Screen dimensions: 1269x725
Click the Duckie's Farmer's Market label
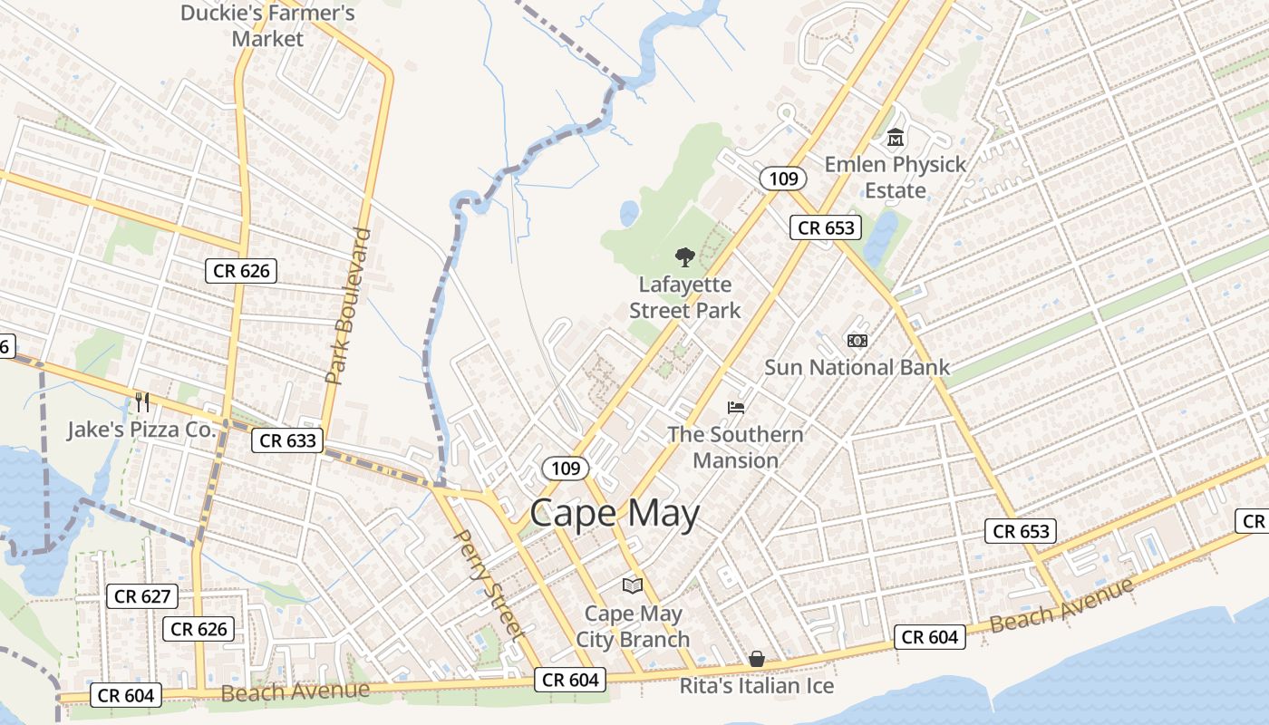[267, 25]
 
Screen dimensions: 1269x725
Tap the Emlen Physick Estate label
[895, 177]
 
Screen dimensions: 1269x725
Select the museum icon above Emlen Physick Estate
[896, 139]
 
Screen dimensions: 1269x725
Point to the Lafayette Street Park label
[685, 297]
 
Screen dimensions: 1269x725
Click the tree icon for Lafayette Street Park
[685, 257]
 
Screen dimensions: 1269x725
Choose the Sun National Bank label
[857, 367]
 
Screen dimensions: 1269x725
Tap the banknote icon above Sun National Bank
[857, 341]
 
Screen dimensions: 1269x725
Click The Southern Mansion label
[735, 447]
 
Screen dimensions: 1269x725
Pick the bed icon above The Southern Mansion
[735, 408]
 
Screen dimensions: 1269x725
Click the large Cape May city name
[615, 514]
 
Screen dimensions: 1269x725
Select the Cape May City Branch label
[633, 626]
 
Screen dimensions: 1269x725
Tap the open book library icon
[633, 586]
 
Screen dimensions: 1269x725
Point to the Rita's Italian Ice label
[757, 686]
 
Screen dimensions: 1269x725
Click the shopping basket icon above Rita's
[757, 659]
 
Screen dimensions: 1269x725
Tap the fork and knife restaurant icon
[142, 401]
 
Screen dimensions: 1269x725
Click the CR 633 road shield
[287, 440]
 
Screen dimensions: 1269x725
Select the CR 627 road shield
[142, 596]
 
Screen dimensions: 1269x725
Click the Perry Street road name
[489, 585]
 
